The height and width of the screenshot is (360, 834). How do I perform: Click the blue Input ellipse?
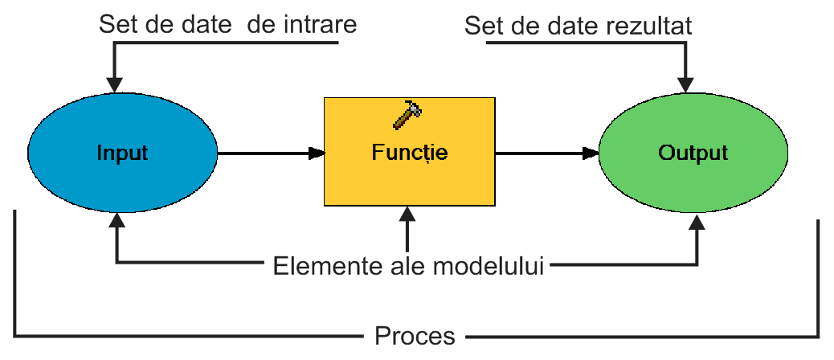122,153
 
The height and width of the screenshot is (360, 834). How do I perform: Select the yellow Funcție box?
410,152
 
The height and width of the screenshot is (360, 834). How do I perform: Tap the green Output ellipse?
693,153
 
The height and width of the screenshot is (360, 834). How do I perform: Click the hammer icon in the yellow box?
407,115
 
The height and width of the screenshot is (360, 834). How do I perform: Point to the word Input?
122,153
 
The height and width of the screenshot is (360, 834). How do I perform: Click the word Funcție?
410,153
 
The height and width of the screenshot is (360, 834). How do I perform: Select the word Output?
693,153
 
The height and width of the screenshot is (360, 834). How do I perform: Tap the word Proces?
415,336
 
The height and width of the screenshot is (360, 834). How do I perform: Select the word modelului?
489,266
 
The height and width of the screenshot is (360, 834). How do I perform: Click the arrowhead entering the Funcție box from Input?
317,153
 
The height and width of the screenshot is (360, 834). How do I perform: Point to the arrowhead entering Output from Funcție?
591,153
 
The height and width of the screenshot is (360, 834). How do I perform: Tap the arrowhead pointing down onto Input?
114,85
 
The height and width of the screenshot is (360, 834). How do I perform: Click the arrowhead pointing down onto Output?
685,85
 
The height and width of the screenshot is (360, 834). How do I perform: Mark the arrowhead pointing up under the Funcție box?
407,214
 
